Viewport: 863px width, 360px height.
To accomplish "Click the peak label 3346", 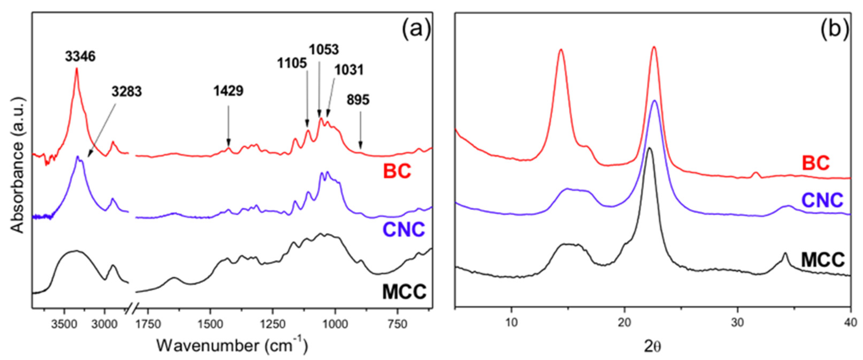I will point(80,57).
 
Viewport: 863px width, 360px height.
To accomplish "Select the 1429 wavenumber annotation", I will point(229,91).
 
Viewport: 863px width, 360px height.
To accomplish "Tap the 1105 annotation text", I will point(292,63).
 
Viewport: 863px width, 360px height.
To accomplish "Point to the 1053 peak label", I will point(324,50).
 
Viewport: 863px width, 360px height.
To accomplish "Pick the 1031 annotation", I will point(349,70).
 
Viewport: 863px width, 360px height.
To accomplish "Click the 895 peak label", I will point(358,100).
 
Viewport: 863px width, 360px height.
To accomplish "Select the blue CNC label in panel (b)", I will point(822,201).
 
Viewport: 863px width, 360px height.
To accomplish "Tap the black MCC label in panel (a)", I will point(404,291).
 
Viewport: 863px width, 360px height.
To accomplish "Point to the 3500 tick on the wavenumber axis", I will point(64,324).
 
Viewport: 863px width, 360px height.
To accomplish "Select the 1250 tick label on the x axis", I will point(272,324).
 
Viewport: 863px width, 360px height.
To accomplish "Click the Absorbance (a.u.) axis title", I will point(17,165).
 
